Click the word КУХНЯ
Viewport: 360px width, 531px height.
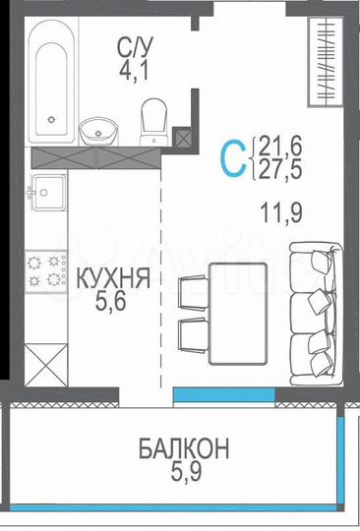[x=110, y=280]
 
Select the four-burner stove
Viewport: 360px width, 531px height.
[x=44, y=270]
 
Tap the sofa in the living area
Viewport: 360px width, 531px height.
[x=314, y=315]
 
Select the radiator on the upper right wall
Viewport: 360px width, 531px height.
[x=323, y=62]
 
